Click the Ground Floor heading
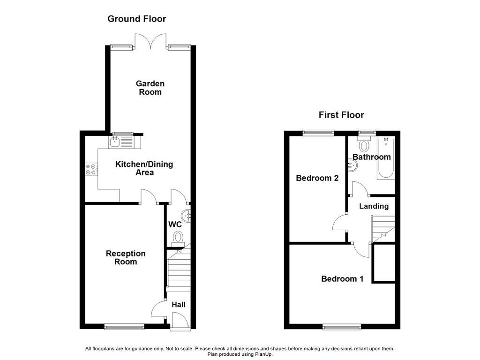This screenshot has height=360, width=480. tap(136, 19)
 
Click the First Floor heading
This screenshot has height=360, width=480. tap(341, 115)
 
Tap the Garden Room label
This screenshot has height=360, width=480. tap(150, 88)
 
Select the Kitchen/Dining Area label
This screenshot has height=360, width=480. tap(144, 168)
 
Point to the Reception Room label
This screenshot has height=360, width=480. tap(126, 257)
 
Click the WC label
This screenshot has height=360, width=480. tap(175, 225)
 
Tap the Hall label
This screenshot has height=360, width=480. tap(179, 305)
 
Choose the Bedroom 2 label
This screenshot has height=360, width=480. tap(317, 178)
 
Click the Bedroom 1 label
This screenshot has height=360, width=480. tap(342, 278)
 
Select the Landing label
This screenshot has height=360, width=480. tap(374, 206)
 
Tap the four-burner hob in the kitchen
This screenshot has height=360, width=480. tap(91, 169)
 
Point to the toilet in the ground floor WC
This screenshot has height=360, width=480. tap(178, 239)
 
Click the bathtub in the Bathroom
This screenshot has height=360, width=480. tap(386, 157)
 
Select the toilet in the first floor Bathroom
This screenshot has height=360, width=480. tap(364, 143)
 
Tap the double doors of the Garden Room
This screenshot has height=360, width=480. tap(150, 41)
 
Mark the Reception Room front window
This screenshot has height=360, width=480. tap(124, 327)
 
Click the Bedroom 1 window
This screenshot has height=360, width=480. tap(342, 327)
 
